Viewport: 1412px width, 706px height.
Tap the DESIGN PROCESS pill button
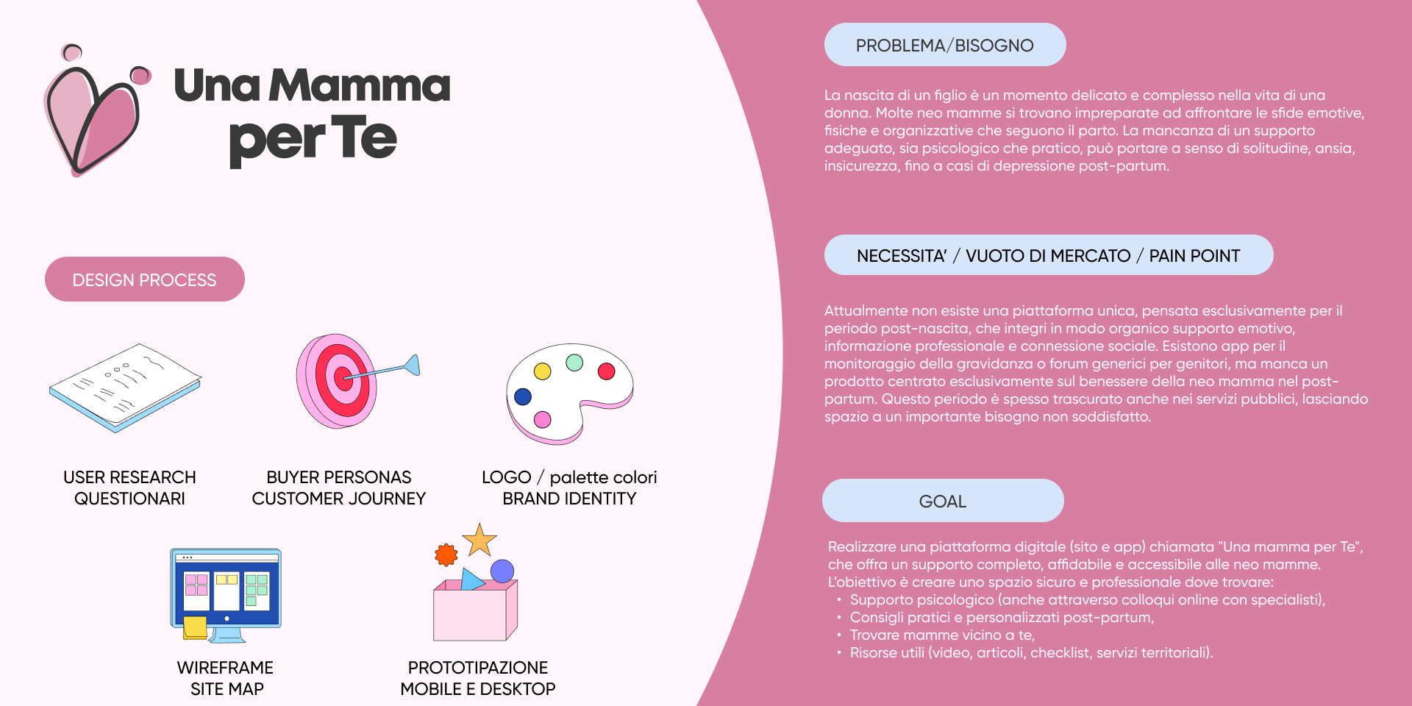[x=145, y=279]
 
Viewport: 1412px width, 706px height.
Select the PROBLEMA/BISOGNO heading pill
[x=944, y=45]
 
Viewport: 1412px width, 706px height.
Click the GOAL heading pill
[x=942, y=501]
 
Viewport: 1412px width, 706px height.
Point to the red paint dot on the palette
[x=607, y=371]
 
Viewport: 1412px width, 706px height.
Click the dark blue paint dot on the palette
[x=523, y=397]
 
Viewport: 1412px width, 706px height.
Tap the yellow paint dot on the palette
[x=543, y=371]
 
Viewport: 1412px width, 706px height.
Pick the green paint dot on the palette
[x=574, y=363]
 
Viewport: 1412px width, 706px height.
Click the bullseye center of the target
[x=342, y=379]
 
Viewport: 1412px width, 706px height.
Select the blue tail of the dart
[x=413, y=364]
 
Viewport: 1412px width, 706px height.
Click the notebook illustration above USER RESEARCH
[x=125, y=386]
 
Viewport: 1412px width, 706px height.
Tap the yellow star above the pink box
[x=480, y=541]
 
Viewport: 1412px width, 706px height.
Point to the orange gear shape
[x=446, y=555]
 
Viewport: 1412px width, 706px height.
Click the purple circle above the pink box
[x=502, y=571]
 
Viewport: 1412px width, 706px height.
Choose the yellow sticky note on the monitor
[x=195, y=627]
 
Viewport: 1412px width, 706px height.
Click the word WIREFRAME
[x=225, y=668]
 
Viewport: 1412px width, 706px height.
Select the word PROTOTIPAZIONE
[x=478, y=668]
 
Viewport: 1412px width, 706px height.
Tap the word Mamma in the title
[x=360, y=86]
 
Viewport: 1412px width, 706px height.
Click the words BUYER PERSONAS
[x=339, y=477]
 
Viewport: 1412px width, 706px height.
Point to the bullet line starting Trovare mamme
[x=942, y=635]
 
